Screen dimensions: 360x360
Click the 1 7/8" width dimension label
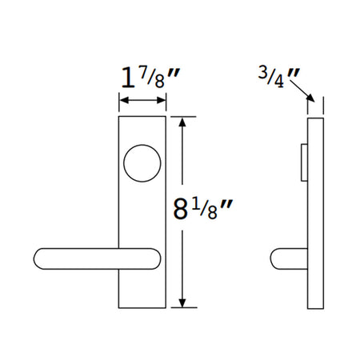click(150, 78)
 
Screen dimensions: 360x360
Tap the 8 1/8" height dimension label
click(203, 210)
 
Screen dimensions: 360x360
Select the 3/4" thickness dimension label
click(279, 78)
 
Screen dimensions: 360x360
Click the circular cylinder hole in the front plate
click(142, 163)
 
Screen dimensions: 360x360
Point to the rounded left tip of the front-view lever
click(35, 258)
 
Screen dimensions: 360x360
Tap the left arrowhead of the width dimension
click(124, 101)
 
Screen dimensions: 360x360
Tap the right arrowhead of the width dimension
click(161, 101)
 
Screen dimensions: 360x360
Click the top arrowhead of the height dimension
click(182, 122)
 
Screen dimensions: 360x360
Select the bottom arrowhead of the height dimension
click(182, 303)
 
